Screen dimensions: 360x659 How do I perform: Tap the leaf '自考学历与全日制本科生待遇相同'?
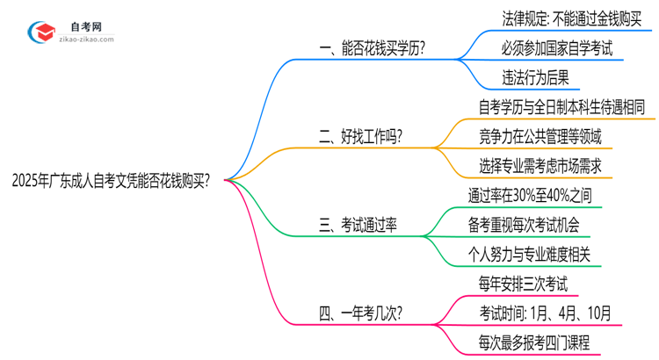coord(561,106)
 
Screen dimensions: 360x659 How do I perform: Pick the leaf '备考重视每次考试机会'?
coord(524,224)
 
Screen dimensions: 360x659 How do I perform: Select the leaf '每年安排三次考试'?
coord(521,283)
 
